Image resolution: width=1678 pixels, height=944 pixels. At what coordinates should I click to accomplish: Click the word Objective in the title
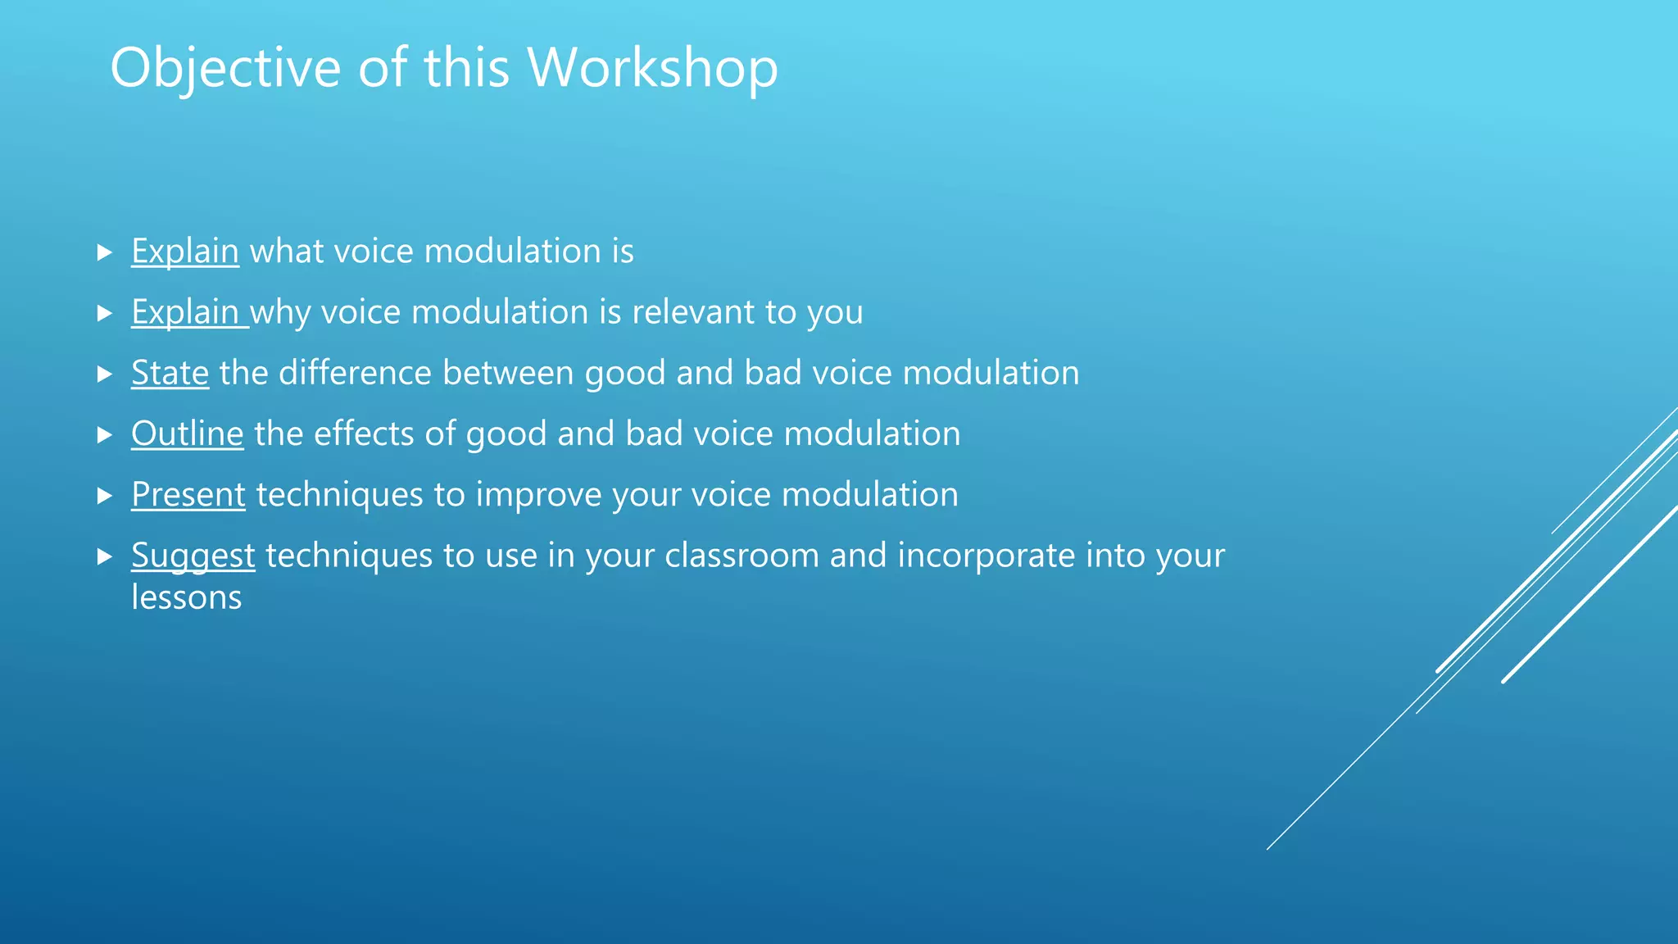[x=225, y=69]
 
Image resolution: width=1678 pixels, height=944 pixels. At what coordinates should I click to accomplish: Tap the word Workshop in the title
[x=652, y=69]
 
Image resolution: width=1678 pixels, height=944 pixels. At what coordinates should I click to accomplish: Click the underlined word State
[x=170, y=374]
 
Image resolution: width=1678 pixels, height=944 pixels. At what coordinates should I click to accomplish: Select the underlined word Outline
[x=187, y=434]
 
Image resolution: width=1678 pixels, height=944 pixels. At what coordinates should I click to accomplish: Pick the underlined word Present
[x=188, y=495]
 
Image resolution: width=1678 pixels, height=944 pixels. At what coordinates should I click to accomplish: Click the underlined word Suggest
[x=193, y=556]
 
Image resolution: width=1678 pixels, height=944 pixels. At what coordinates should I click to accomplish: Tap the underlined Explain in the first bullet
[x=185, y=252]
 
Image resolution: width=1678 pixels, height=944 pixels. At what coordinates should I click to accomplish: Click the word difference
[x=355, y=374]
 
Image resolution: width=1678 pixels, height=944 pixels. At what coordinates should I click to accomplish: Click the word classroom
[x=741, y=556]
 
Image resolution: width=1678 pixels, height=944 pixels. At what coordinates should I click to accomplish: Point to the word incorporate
[x=986, y=556]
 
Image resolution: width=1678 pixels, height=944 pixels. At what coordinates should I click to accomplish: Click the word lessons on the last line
[x=186, y=598]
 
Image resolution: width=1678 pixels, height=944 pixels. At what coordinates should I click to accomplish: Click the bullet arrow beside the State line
[x=104, y=374]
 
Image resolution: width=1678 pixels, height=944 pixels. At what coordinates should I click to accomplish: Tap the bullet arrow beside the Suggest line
[x=104, y=557]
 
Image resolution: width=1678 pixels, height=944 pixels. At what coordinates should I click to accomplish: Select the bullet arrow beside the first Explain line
[x=104, y=252]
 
